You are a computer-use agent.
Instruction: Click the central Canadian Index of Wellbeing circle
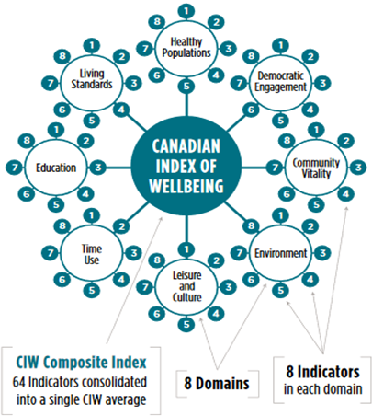tap(186, 166)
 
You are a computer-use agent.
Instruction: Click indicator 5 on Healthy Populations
tap(186, 87)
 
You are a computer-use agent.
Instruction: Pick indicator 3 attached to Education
tap(98, 168)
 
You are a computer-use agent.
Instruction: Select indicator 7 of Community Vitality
tap(275, 168)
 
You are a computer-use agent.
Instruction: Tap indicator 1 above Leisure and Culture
tap(186, 249)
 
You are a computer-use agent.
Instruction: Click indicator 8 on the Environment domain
tap(251, 226)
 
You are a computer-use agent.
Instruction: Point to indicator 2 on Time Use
tap(122, 226)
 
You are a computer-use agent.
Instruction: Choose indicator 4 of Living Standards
tap(121, 110)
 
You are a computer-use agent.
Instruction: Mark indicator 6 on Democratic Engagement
tap(251, 110)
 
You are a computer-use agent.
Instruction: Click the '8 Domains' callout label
tap(217, 384)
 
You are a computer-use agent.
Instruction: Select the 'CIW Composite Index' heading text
tap(81, 363)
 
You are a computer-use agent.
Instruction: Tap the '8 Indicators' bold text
tap(322, 372)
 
